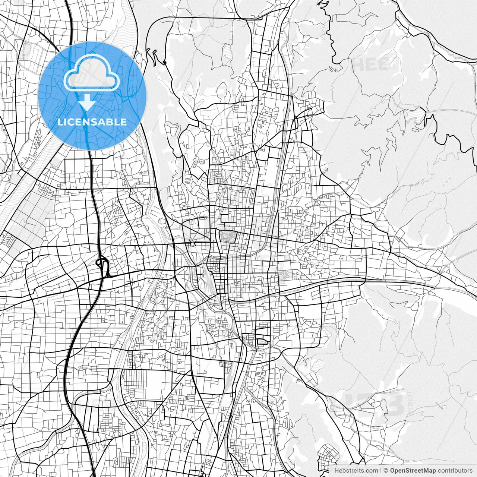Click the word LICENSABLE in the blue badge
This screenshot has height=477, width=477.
92,122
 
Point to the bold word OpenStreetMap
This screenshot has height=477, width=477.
413,471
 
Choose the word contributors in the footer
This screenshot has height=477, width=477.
455,471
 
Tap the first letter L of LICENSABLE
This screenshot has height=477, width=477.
60,122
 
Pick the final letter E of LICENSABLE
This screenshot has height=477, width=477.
124,122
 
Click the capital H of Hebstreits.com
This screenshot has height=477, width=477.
337,471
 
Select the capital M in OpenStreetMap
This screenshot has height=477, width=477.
425,471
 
